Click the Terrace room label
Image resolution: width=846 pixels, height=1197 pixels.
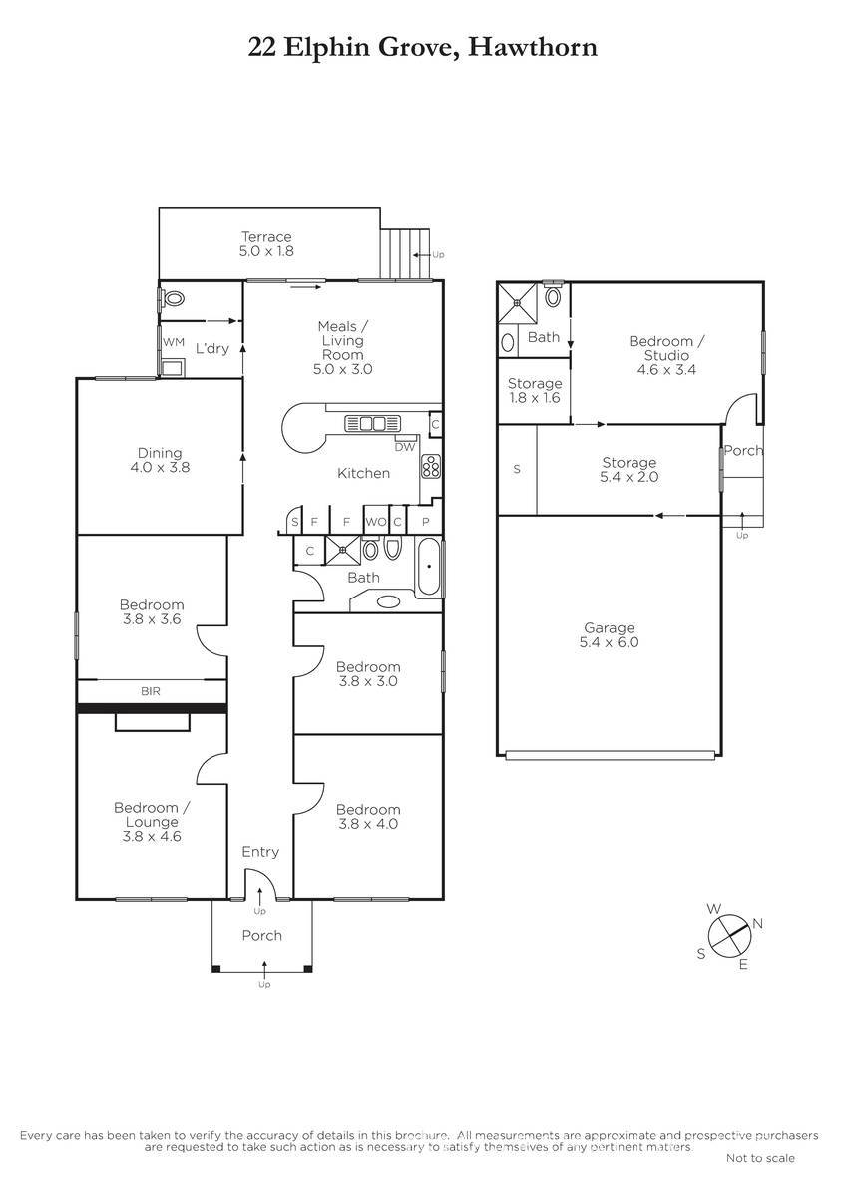click(x=266, y=236)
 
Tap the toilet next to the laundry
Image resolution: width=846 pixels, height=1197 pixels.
click(x=174, y=298)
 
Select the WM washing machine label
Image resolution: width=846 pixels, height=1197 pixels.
click(x=174, y=342)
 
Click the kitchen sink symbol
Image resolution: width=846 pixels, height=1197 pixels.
click(x=372, y=423)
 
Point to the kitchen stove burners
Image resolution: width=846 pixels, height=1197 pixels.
click(x=431, y=466)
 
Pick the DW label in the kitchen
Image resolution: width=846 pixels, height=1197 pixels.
click(x=405, y=447)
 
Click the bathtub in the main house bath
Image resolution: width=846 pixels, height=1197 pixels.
click(x=429, y=567)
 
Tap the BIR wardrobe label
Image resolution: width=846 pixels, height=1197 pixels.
click(x=151, y=691)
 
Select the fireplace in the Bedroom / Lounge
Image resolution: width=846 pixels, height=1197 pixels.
click(x=153, y=722)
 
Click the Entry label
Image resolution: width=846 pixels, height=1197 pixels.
click(x=260, y=851)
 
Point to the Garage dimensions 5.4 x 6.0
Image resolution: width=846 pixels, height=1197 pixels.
click(x=609, y=642)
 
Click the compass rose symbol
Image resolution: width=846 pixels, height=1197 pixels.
click(x=730, y=936)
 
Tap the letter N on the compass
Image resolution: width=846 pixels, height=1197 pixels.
click(x=758, y=923)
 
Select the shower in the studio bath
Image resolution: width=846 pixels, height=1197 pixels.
click(x=518, y=303)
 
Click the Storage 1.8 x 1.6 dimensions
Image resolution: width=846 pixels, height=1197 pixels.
click(x=535, y=398)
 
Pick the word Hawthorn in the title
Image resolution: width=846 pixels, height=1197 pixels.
click(x=533, y=47)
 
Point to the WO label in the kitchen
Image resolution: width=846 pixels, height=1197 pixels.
click(x=376, y=522)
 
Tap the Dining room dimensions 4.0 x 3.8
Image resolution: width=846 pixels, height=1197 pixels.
click(x=160, y=467)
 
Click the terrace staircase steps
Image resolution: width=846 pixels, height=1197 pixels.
click(x=405, y=253)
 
